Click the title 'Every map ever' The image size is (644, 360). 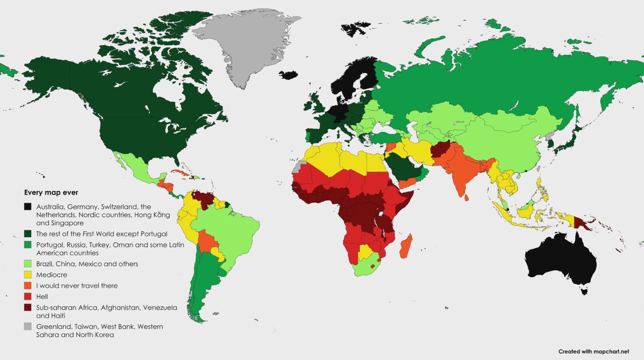click(x=51, y=193)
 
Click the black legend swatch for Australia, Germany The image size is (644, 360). click(x=28, y=207)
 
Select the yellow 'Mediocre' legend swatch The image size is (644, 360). click(x=28, y=275)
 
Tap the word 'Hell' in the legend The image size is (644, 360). click(x=42, y=297)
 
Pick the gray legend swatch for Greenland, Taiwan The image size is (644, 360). click(x=28, y=326)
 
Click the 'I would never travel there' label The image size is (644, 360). click(x=77, y=286)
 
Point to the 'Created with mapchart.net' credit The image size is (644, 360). click(x=594, y=352)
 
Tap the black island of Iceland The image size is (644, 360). click(x=288, y=75)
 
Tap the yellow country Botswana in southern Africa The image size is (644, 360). click(x=365, y=253)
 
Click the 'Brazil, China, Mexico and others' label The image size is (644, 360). click(x=87, y=264)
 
